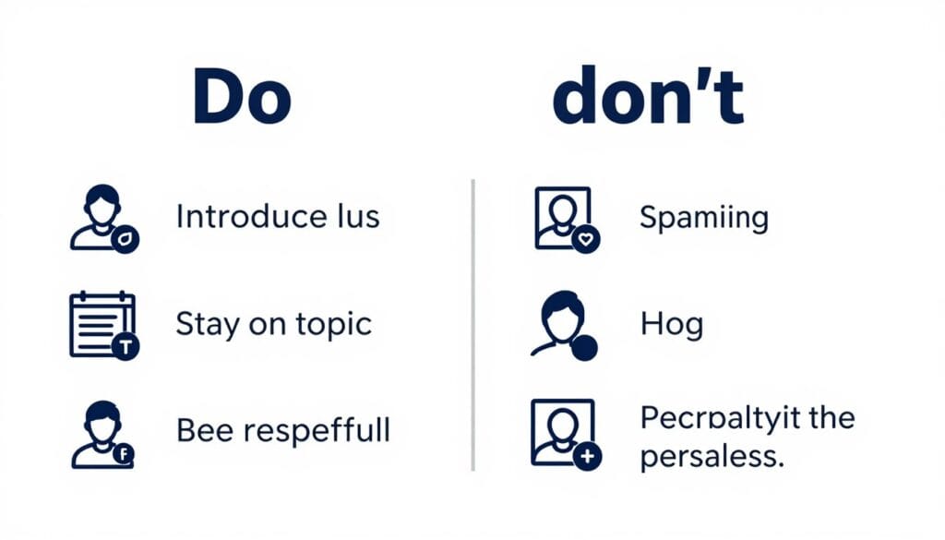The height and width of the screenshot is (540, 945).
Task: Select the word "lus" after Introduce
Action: click(x=355, y=217)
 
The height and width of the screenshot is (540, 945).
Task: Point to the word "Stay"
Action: click(x=206, y=325)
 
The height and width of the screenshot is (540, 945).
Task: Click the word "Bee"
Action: click(x=207, y=430)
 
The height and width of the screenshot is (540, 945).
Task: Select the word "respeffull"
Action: click(x=319, y=431)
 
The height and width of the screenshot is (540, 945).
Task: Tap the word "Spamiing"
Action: click(x=704, y=219)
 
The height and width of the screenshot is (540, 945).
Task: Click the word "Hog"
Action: click(x=671, y=324)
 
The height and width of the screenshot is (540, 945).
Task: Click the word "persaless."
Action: click(x=712, y=457)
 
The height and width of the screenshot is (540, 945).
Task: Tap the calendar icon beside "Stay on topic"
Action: click(x=102, y=324)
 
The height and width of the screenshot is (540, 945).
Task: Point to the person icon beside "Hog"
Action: click(x=561, y=324)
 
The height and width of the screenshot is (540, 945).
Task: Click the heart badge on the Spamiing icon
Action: click(x=586, y=240)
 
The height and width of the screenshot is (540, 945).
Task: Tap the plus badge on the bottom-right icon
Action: click(x=587, y=455)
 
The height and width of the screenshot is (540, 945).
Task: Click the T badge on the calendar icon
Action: click(x=125, y=347)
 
